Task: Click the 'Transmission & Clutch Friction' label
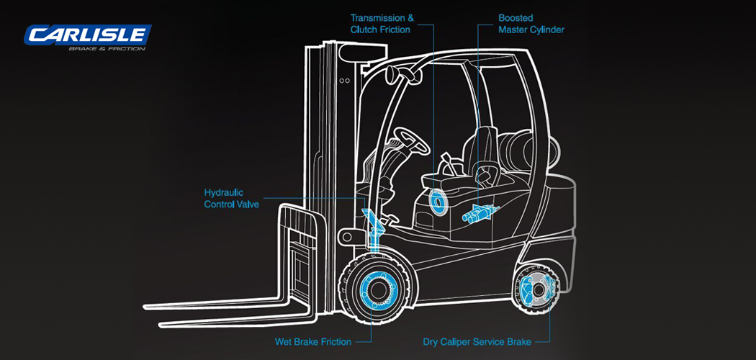click(379, 23)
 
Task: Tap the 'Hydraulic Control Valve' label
click(231, 199)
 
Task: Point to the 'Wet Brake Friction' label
click(313, 341)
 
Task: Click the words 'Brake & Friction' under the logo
click(106, 48)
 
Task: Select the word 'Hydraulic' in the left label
click(224, 193)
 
